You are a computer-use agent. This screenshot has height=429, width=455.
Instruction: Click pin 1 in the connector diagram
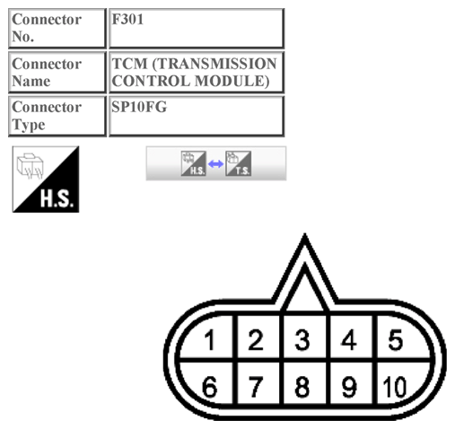point(209,341)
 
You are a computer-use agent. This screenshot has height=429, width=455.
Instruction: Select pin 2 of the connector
point(256,341)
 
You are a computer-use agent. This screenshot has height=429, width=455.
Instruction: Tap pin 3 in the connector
point(302,341)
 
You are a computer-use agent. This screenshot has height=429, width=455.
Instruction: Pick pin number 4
point(349,341)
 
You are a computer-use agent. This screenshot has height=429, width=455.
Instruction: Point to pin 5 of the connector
point(394,341)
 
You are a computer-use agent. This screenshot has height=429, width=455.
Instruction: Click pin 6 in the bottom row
point(209,388)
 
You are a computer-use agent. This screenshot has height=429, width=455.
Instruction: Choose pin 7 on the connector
point(256,388)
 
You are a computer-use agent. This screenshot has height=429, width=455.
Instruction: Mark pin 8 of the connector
point(302,388)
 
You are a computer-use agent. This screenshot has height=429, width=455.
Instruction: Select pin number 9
point(349,388)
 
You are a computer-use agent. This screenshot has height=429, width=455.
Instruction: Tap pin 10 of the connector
point(393,388)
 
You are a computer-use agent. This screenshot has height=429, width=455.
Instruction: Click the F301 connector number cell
point(197,28)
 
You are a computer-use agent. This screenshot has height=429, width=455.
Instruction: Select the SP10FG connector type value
point(197,116)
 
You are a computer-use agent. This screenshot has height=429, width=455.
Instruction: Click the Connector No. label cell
point(57,28)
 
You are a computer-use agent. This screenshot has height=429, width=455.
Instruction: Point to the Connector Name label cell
point(57,72)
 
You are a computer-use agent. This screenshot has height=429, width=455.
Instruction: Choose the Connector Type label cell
point(57,116)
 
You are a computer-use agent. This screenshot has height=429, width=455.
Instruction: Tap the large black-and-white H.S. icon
point(46,179)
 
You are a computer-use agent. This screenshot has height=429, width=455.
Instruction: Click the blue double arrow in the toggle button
point(215,164)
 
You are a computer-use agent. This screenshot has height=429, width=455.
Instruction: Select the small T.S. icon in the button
point(238,164)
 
